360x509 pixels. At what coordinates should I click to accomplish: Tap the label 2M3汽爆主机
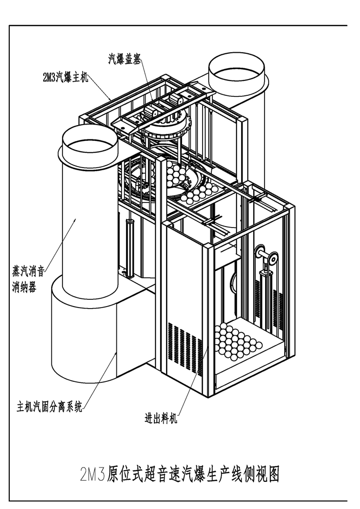66,78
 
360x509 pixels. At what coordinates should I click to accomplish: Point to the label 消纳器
24,288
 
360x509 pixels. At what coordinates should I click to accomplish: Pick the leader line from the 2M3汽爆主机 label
100,88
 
